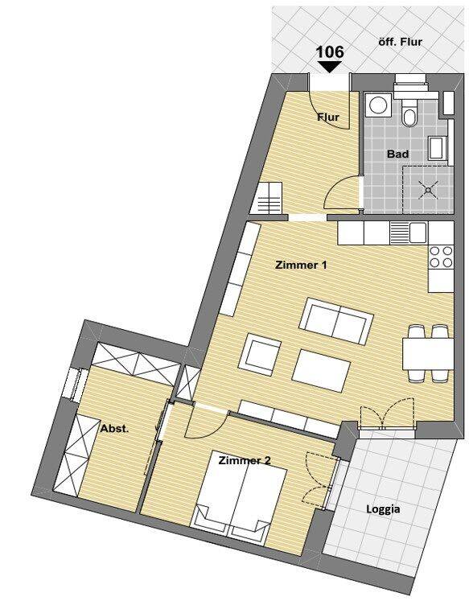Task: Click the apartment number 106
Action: [330, 52]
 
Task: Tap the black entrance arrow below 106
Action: [330, 67]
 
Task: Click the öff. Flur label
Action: [401, 42]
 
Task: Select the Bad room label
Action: [398, 154]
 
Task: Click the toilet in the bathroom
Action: [409, 112]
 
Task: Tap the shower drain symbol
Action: [428, 190]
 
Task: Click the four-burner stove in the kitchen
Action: [441, 257]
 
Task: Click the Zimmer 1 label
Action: [301, 265]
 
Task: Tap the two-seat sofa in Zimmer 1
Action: [337, 322]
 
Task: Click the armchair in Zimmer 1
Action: [260, 355]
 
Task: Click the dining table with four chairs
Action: [427, 353]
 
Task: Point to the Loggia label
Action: [383, 509]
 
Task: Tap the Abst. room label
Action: [114, 428]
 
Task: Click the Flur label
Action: [328, 117]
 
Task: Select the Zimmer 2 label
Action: [245, 460]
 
